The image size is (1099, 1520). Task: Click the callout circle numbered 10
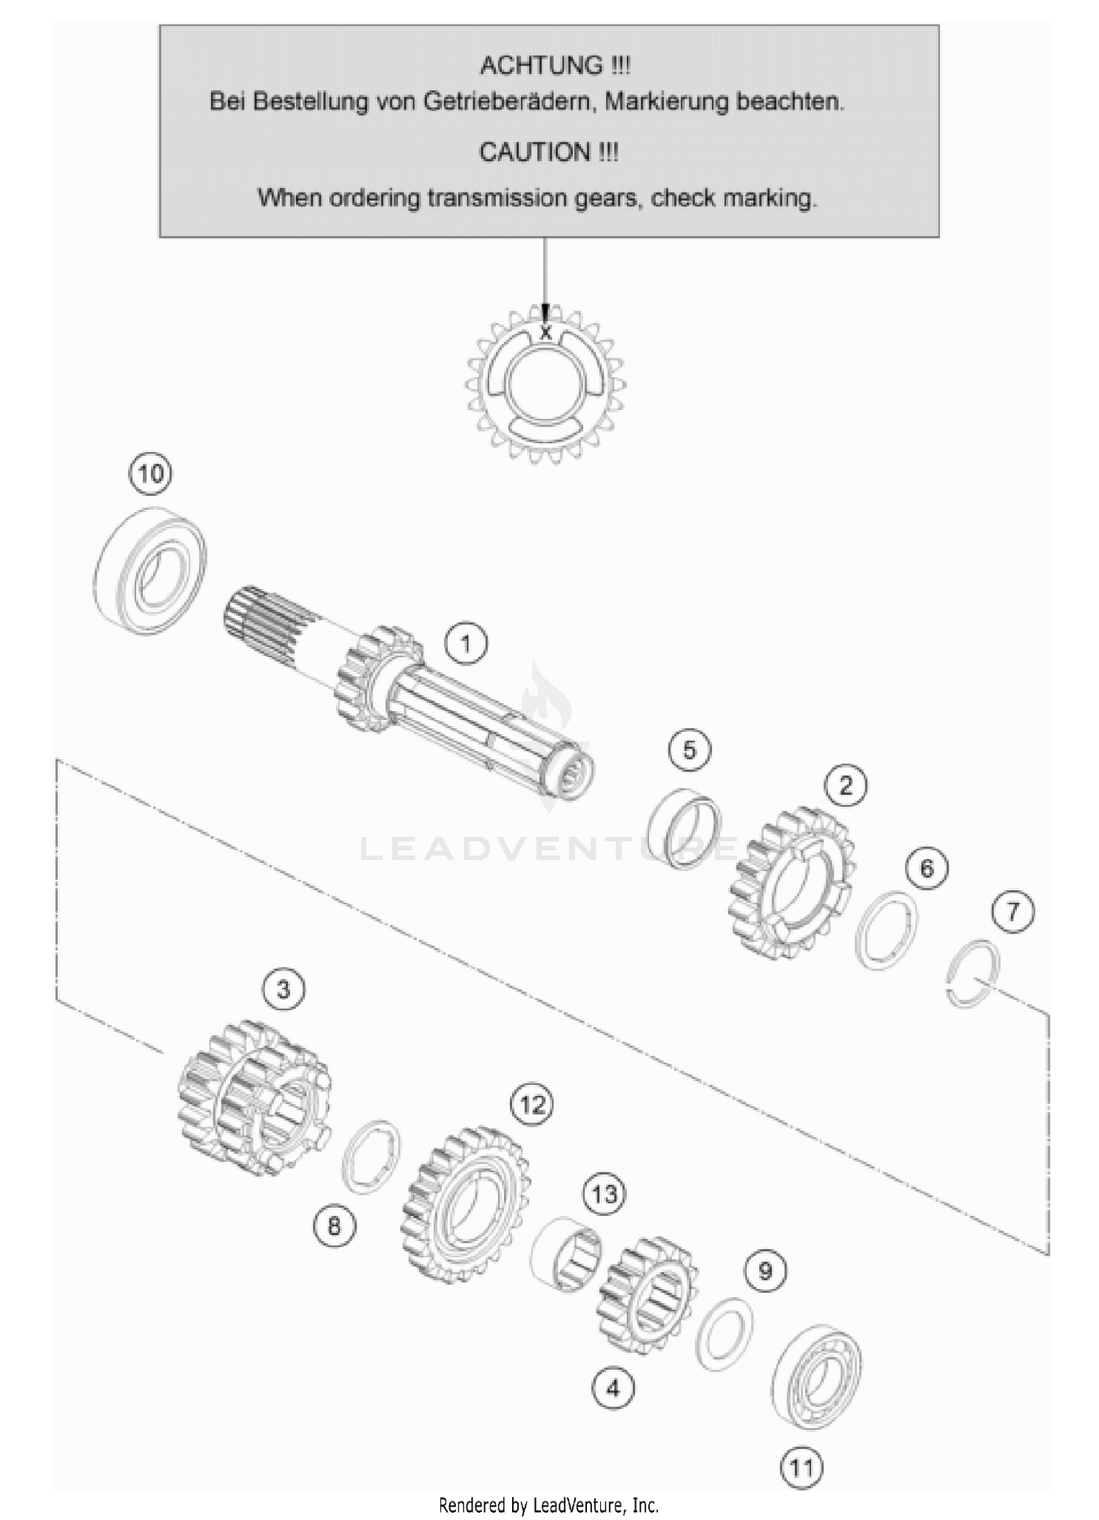[x=150, y=474]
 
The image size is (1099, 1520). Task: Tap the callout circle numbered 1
[x=466, y=645]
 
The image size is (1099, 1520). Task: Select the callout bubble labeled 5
[x=689, y=750]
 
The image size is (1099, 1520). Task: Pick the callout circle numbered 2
[x=846, y=786]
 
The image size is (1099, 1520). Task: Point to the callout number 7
[x=1013, y=912]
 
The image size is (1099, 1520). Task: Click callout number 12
[x=532, y=1105]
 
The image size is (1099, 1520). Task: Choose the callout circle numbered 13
[x=604, y=1195]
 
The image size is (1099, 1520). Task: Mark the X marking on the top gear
[x=544, y=333]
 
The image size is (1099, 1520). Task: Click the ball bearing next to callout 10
[x=151, y=570]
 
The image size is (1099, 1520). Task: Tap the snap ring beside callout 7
[x=972, y=972]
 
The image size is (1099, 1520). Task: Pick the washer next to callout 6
[x=887, y=931]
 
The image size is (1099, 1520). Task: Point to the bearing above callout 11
[x=817, y=1375]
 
